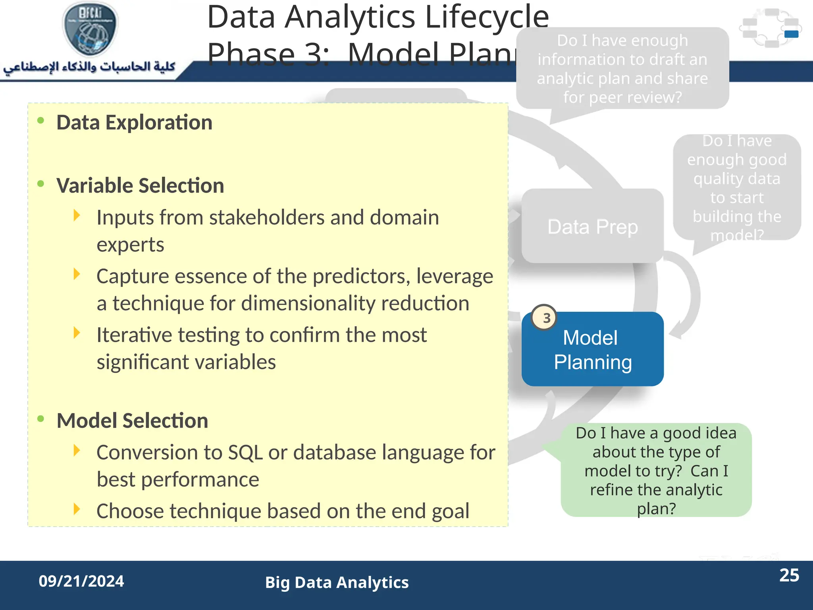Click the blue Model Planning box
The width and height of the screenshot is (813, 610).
(592, 349)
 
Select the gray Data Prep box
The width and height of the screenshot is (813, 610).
(592, 226)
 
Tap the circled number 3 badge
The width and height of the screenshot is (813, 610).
(545, 318)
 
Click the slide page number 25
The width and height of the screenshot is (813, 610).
(789, 575)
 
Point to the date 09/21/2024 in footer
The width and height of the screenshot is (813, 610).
(81, 581)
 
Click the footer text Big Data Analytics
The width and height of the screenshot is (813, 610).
(337, 583)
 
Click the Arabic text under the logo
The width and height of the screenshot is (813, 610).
(89, 67)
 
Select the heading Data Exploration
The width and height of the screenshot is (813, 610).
(134, 122)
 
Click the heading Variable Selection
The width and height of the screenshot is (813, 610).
(140, 185)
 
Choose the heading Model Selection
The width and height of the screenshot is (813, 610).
(132, 421)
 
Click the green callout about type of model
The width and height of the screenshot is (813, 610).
(656, 471)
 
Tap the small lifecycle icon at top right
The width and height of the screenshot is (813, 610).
(770, 28)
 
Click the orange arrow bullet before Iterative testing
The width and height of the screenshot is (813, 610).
(77, 333)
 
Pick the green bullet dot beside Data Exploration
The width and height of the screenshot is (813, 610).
(40, 121)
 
